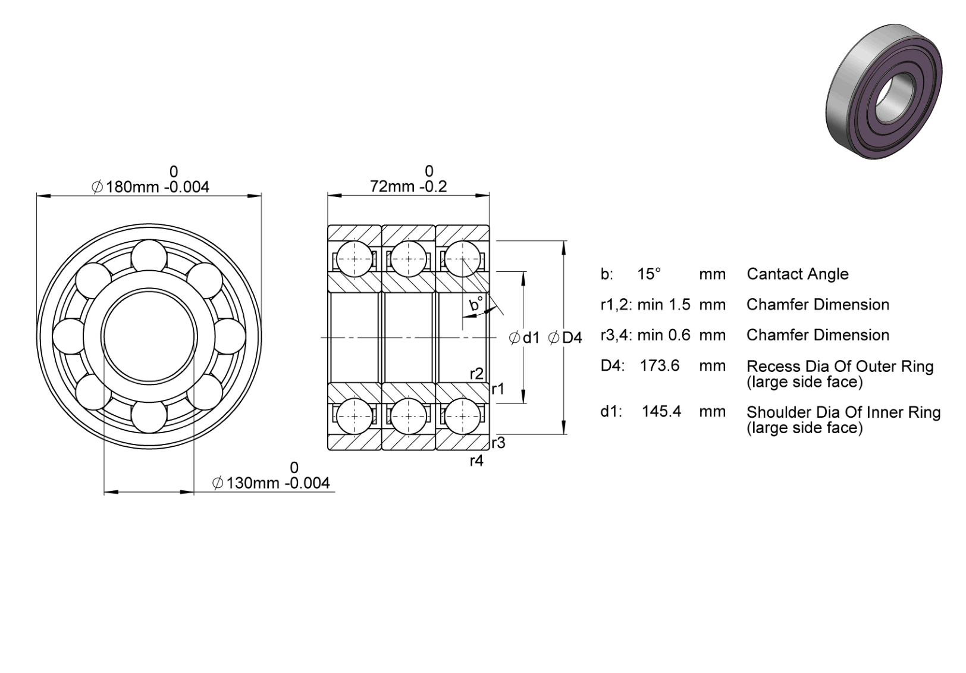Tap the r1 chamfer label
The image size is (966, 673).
pyautogui.click(x=498, y=389)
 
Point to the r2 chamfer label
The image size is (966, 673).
pyautogui.click(x=476, y=374)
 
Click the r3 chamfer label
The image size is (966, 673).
pyautogui.click(x=498, y=443)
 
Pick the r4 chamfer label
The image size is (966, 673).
pyautogui.click(x=476, y=461)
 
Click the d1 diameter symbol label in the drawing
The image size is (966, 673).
pyautogui.click(x=524, y=338)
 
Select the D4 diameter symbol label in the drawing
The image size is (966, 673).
pyautogui.click(x=565, y=338)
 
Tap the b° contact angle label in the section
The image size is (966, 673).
pyautogui.click(x=476, y=303)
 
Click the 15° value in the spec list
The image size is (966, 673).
pyautogui.click(x=649, y=274)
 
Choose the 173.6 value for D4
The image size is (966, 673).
pyautogui.click(x=660, y=365)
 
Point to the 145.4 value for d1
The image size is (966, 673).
pyautogui.click(x=661, y=411)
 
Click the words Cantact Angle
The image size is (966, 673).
pyautogui.click(x=798, y=274)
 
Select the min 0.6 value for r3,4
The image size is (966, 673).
pyautogui.click(x=664, y=335)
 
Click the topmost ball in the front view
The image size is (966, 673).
pyautogui.click(x=149, y=258)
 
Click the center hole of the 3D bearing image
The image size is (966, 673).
pyautogui.click(x=890, y=95)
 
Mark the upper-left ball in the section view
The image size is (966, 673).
pyautogui.click(x=355, y=259)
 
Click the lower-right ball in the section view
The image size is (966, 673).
pyautogui.click(x=462, y=417)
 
